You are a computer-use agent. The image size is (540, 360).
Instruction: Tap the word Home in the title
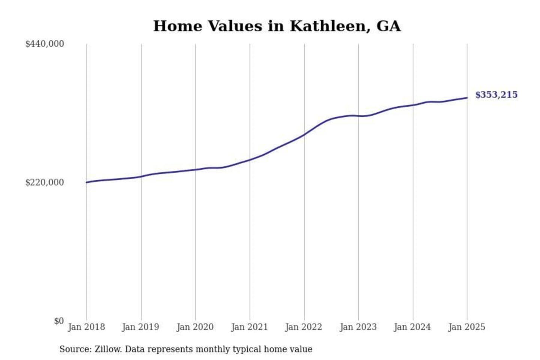pos(178,26)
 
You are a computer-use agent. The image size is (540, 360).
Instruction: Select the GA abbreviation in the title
pos(388,26)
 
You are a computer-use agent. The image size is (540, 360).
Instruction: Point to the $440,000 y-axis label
pos(45,44)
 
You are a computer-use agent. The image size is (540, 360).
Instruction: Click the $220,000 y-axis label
pos(45,183)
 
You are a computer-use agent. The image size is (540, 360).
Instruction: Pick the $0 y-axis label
pos(59,321)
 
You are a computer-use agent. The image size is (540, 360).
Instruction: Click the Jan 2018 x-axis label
pos(86,327)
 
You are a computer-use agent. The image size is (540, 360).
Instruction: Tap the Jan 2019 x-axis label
pos(141,327)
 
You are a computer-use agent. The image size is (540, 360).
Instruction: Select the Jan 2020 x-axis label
pos(195,327)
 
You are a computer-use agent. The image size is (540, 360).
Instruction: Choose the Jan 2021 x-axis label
pos(249,327)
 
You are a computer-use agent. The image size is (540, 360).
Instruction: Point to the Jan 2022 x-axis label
pos(304,327)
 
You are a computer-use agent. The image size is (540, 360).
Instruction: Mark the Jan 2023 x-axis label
pos(358,327)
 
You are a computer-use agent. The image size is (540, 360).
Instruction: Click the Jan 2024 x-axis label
pos(412,327)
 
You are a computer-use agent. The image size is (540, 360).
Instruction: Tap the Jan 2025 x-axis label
pos(467,327)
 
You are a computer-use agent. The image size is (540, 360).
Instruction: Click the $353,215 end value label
pos(496,95)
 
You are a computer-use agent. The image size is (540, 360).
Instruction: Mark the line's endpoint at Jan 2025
pos(467,98)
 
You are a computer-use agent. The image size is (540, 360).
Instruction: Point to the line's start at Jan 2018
pos(87,182)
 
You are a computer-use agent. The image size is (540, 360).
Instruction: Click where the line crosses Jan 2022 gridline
pos(304,134)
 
